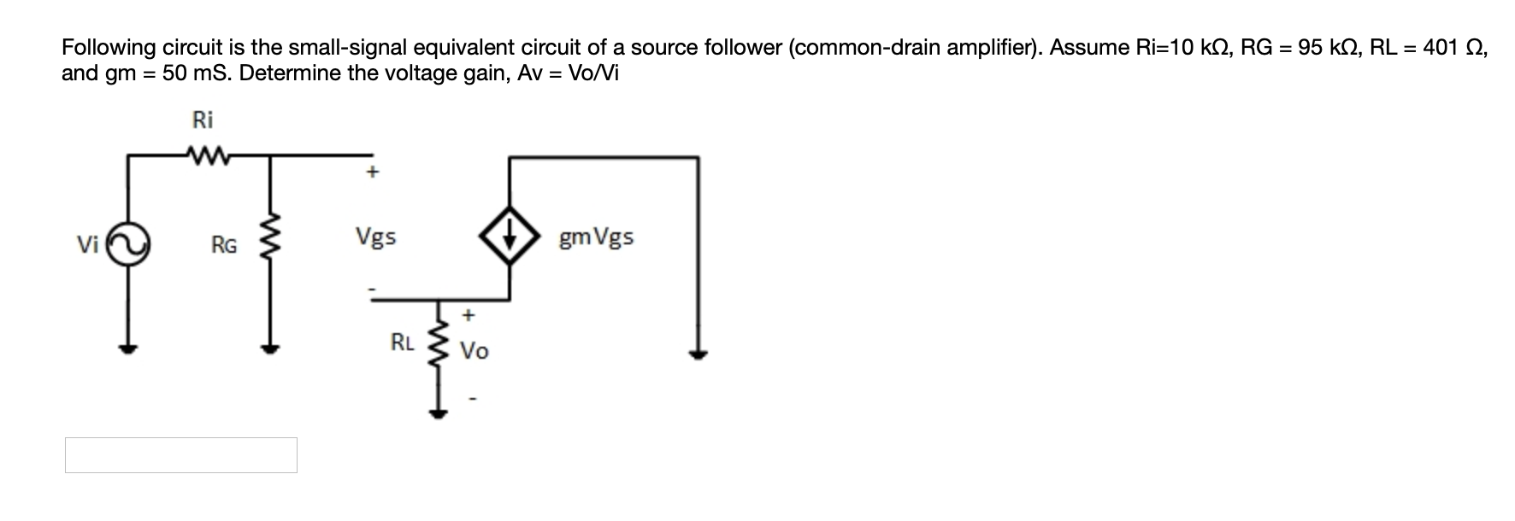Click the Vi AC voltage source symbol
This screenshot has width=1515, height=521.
click(x=129, y=245)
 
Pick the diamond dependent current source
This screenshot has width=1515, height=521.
click(x=510, y=237)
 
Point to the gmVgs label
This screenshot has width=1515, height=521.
click(x=596, y=237)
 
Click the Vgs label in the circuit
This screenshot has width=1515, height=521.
click(x=375, y=237)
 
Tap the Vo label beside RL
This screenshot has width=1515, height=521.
click(x=475, y=351)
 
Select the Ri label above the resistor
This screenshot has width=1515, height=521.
click(x=203, y=120)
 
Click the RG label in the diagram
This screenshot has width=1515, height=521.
click(x=224, y=246)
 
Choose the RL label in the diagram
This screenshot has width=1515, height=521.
click(x=402, y=343)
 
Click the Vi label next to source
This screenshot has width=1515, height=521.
click(x=87, y=245)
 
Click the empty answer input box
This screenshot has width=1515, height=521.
click(x=181, y=455)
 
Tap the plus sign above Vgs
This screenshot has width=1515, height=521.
click(x=371, y=173)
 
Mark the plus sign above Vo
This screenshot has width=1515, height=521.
click(x=468, y=316)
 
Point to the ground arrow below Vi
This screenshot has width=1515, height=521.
click(x=128, y=348)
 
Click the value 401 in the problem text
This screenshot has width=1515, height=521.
click(x=1440, y=48)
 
